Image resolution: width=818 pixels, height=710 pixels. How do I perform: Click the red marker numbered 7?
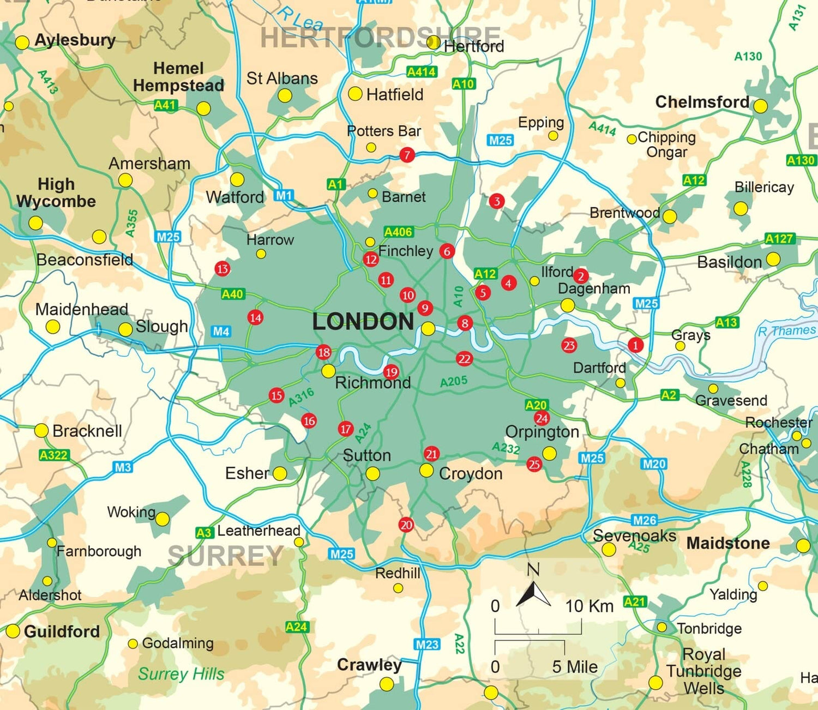point(407,155)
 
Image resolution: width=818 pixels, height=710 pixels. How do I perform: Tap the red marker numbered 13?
point(222,268)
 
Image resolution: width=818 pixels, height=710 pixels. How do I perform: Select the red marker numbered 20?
point(406,525)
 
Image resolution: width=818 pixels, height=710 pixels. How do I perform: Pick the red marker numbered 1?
point(635,345)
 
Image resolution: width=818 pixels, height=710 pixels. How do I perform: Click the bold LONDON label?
point(363,321)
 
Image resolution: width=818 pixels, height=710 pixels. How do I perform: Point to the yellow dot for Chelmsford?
point(760,106)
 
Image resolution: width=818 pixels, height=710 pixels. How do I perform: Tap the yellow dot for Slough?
point(125,329)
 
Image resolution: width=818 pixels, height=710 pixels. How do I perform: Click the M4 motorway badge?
point(221,332)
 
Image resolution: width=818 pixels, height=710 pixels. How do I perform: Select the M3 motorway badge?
point(123,467)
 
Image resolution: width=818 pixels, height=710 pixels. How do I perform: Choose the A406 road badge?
point(398,232)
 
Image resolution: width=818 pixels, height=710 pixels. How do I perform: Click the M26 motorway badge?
point(645,520)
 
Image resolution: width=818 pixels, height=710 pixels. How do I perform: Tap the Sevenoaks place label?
point(634,535)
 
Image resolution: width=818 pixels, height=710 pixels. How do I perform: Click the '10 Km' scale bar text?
point(589,606)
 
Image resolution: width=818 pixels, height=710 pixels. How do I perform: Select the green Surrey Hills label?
point(181,674)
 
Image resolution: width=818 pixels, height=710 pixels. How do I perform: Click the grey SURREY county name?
point(225,556)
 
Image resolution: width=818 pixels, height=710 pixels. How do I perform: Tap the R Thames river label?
point(786,331)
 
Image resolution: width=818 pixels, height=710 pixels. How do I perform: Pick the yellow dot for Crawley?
point(387,683)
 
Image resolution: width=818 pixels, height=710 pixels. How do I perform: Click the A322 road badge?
point(54,455)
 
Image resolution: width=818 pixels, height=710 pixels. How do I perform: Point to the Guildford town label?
point(62,631)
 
